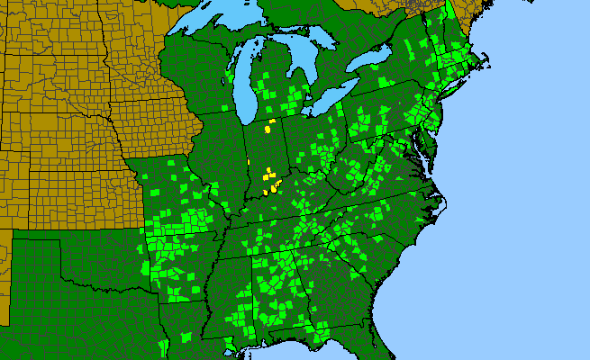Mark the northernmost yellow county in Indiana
click(271, 121)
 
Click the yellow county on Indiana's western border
click(249, 162)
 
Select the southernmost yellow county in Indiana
click(266, 192)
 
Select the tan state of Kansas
click(81, 189)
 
